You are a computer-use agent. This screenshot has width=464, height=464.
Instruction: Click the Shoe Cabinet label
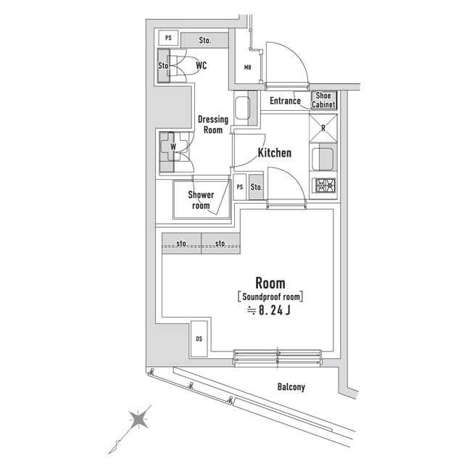(323, 100)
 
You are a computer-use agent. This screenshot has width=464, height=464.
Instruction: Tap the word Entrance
(285, 101)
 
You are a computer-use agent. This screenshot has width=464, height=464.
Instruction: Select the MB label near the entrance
(247, 68)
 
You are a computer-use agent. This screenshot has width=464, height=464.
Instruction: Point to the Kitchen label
(275, 153)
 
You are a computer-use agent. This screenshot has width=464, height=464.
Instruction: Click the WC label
(202, 65)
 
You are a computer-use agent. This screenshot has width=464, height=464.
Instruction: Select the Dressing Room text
(212, 125)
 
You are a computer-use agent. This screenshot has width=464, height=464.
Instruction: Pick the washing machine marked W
(173, 148)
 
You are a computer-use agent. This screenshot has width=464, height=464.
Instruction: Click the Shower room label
(201, 200)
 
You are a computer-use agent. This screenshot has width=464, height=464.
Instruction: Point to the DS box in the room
(199, 339)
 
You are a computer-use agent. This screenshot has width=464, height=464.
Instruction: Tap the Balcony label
(291, 387)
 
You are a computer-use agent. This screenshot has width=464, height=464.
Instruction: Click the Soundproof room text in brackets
(270, 297)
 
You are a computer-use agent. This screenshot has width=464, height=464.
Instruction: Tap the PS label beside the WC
(168, 38)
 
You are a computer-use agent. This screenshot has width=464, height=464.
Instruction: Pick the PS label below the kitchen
(240, 188)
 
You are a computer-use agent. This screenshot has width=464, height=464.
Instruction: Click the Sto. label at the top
(204, 40)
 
